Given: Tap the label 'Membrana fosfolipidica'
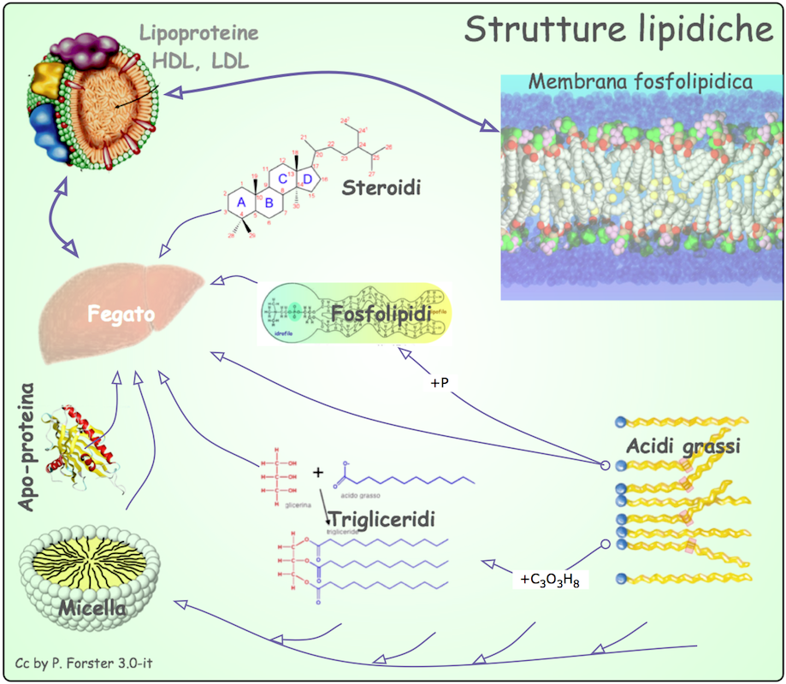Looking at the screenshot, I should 641,82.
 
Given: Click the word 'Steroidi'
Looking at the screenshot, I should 381,187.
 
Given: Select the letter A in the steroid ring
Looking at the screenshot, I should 241,201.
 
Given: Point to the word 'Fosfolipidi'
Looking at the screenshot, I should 373,314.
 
